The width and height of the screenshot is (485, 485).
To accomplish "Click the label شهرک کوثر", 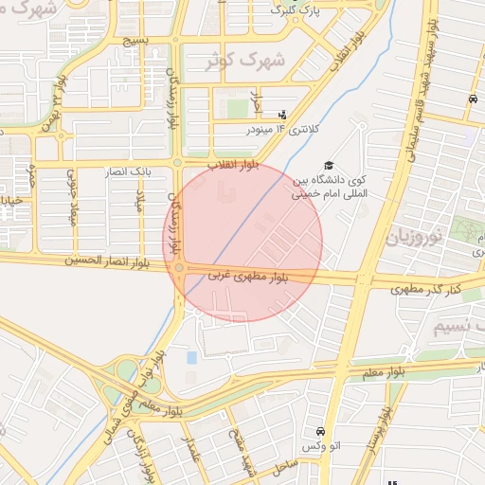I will [x=249, y=62].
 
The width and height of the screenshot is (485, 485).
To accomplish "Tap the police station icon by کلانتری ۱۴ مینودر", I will [x=283, y=115].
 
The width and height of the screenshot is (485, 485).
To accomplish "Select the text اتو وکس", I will [x=321, y=445].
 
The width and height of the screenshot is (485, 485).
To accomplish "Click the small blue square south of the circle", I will [x=192, y=357].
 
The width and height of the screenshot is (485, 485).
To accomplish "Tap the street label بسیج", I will [x=135, y=41].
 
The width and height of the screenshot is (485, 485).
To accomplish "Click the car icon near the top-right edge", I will [x=472, y=99].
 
